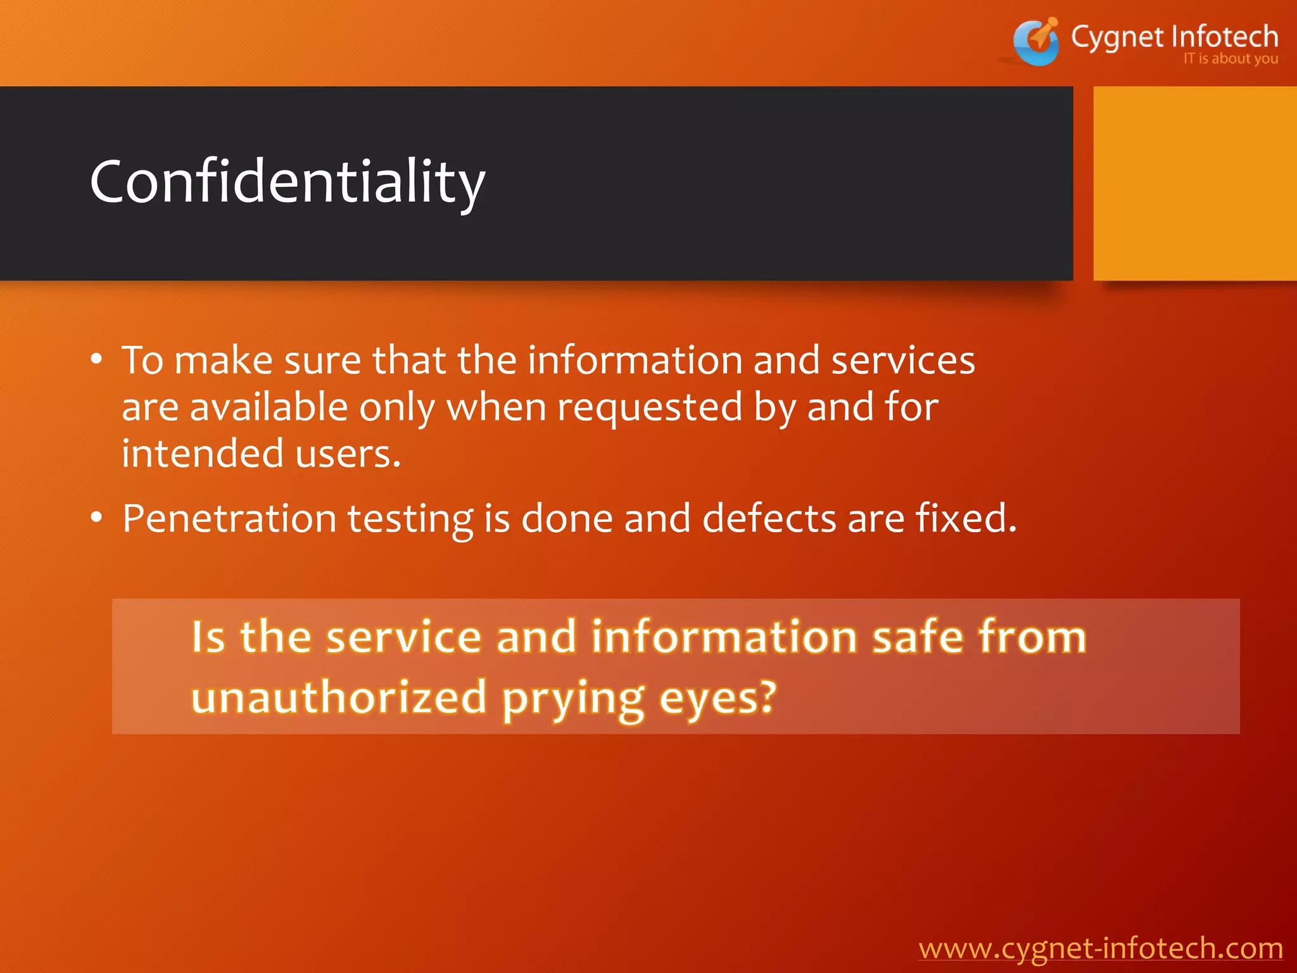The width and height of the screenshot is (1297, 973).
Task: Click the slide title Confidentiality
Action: (288, 182)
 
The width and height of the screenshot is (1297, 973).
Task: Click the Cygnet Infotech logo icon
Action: (1035, 42)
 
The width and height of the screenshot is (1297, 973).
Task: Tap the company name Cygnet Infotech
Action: (1174, 37)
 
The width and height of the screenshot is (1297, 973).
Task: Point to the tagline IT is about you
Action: (1231, 59)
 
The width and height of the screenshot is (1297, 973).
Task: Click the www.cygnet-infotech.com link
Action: (1101, 948)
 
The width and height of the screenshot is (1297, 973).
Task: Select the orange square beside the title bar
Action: (1194, 184)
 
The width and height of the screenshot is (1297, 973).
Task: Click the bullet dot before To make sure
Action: (96, 360)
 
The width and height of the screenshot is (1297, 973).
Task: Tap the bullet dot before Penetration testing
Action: (96, 518)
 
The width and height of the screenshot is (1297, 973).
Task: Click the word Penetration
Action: (229, 518)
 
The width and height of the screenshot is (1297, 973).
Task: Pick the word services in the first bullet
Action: (902, 360)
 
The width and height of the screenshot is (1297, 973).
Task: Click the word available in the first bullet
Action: (269, 407)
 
